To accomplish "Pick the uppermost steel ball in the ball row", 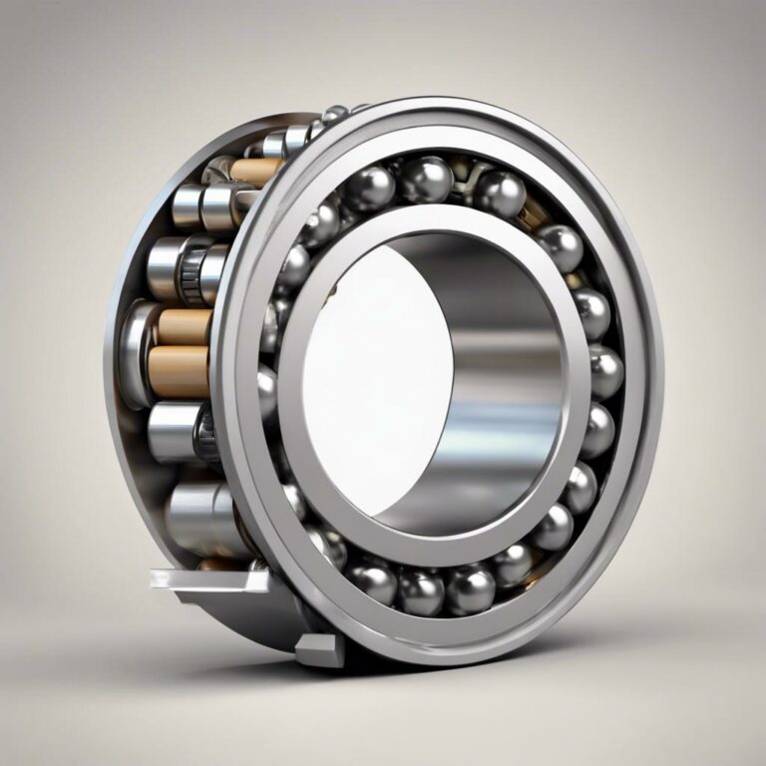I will pos(427,180).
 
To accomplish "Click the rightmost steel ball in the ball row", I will pos(604,371).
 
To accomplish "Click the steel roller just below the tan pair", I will pos(175,429).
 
